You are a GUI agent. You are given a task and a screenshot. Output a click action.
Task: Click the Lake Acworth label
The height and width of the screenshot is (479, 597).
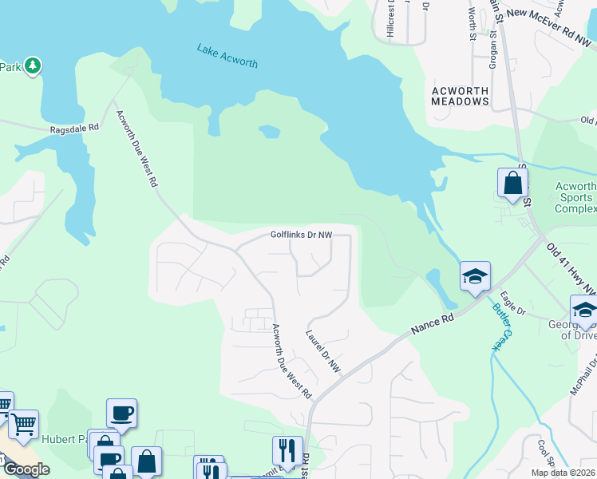(x=227, y=55)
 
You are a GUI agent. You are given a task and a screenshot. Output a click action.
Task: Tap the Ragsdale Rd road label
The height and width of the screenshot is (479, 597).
(x=73, y=127)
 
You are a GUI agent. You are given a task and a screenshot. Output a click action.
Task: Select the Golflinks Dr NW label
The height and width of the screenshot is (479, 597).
(x=300, y=235)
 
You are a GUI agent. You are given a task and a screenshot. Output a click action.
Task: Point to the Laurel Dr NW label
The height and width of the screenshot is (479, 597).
(x=323, y=350)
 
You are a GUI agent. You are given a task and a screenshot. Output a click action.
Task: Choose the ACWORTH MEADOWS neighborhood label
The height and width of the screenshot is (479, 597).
(x=460, y=97)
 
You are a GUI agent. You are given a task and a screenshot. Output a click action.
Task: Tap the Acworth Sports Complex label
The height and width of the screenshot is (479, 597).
(x=575, y=197)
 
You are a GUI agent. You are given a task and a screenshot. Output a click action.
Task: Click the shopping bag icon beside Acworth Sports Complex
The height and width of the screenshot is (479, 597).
(x=512, y=183)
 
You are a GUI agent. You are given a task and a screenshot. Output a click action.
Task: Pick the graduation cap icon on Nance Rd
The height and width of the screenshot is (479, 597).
(x=475, y=276)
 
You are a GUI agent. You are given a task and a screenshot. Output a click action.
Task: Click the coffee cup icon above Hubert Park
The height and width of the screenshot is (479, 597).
(x=121, y=413)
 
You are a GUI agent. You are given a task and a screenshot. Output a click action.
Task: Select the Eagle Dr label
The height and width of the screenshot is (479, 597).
(x=516, y=309)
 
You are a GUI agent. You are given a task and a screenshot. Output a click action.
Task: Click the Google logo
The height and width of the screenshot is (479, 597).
(x=26, y=469)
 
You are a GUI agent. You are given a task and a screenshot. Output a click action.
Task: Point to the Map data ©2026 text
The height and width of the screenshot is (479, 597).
(x=563, y=473)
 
